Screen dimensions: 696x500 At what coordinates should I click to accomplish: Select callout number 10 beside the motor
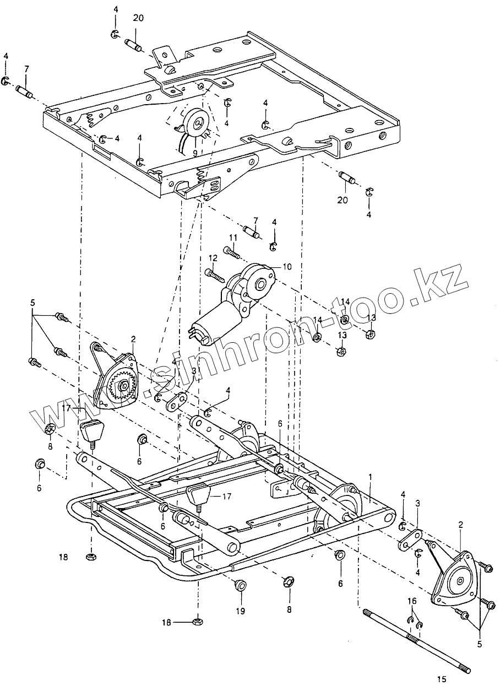tap(287, 267)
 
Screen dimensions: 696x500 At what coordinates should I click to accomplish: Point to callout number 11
tap(233, 238)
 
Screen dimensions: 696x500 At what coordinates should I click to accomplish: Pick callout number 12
tap(213, 258)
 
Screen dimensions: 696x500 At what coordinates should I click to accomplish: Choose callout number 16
tap(412, 600)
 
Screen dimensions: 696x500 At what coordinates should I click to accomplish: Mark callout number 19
tap(240, 611)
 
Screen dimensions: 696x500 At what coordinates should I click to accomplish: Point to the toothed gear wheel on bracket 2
tap(120, 388)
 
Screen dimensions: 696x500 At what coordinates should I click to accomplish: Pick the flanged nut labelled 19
tap(240, 585)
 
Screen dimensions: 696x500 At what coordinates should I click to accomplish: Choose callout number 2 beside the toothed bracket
tap(133, 340)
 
